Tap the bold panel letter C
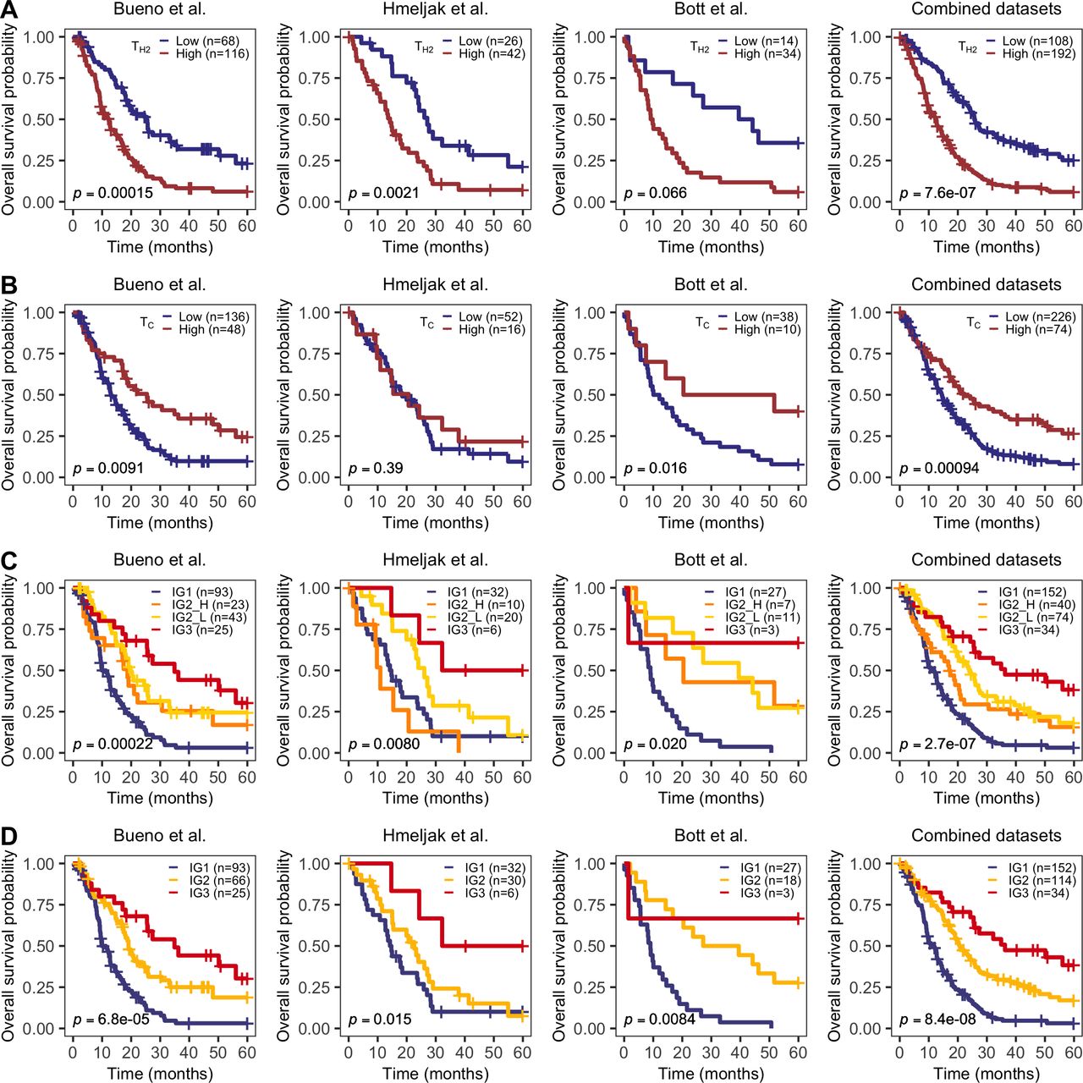coord(9,561)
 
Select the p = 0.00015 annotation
coord(113,193)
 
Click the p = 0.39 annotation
coord(376,468)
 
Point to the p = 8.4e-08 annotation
coord(937,1020)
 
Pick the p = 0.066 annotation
coord(656,193)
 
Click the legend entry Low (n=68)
coord(207,41)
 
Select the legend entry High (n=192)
coord(1039,53)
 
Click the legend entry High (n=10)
coord(767,329)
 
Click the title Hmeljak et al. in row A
coord(435,9)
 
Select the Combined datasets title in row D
coord(986,836)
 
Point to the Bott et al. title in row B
coord(711,284)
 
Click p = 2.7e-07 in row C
coord(937,745)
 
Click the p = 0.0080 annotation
coord(384,745)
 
